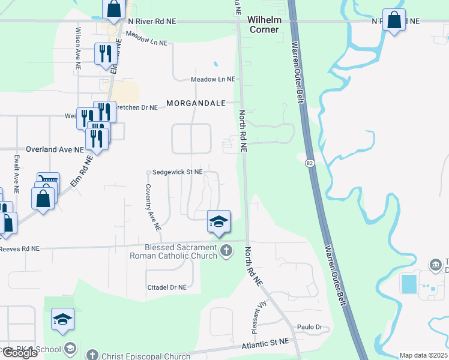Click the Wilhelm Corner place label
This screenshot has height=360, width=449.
tap(264, 25)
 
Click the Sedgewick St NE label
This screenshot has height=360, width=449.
tap(177, 172)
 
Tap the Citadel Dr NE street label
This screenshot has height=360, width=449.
tap(167, 287)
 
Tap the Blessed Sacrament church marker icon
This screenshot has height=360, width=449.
tap(226, 250)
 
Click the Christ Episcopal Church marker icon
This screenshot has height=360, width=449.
tap(91, 355)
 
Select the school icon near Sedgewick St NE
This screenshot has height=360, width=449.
tap(218, 221)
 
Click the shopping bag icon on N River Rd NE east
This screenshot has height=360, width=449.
tap(394, 20)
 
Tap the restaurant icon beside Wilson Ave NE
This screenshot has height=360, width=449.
tap(103, 54)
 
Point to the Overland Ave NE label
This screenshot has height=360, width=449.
tap(55, 149)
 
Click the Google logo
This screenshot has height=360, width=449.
tap(19, 353)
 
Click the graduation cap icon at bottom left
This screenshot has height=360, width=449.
tap(62, 320)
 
